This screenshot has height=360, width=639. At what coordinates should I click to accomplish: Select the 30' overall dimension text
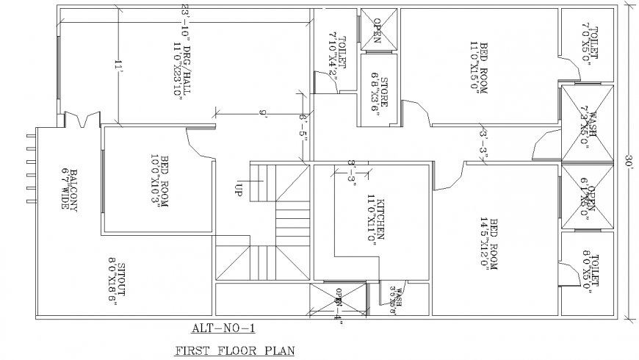[629, 164]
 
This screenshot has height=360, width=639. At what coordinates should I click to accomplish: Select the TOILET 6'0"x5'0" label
[590, 272]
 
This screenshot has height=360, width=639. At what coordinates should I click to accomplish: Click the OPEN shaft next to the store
[378, 31]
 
